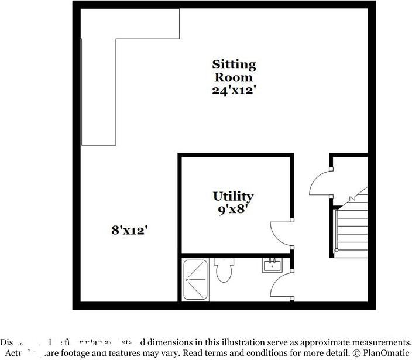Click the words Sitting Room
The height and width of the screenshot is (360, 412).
(x=234, y=70)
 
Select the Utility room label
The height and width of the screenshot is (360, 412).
(x=233, y=196)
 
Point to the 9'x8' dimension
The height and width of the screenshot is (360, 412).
(x=233, y=209)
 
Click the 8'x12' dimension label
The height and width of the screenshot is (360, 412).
(x=128, y=231)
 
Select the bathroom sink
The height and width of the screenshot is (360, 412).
(x=272, y=266)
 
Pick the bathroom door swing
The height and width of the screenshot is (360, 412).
(x=282, y=287)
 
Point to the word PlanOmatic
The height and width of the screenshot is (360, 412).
(x=388, y=354)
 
